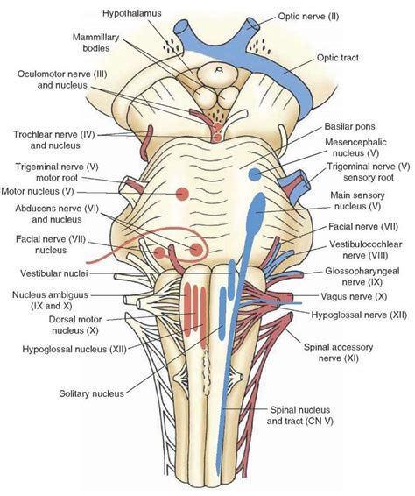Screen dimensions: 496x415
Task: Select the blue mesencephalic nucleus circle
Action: point(254,174)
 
